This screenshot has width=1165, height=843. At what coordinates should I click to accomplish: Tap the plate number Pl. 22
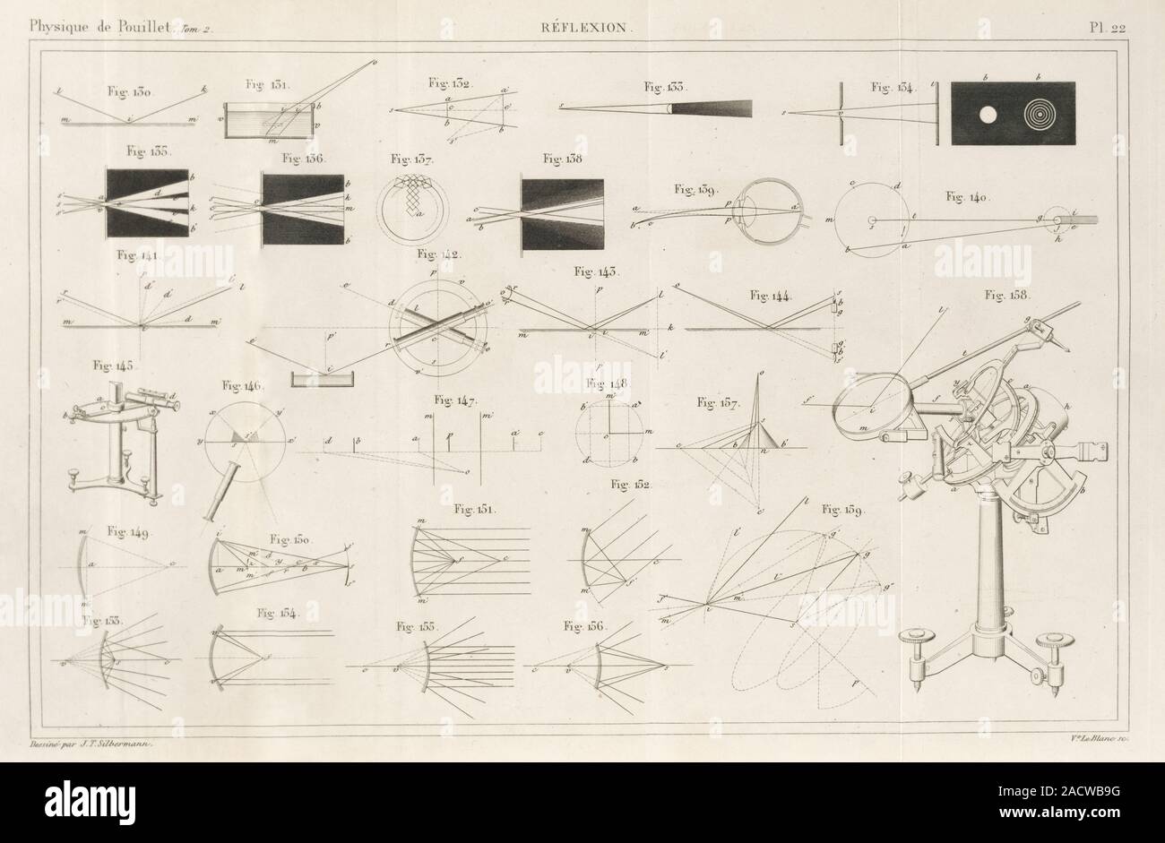(1108, 27)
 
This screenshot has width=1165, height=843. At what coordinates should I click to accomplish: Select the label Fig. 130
(131, 90)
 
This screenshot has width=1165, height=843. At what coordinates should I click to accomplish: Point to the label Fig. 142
(438, 256)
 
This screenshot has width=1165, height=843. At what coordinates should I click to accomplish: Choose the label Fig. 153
(103, 620)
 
